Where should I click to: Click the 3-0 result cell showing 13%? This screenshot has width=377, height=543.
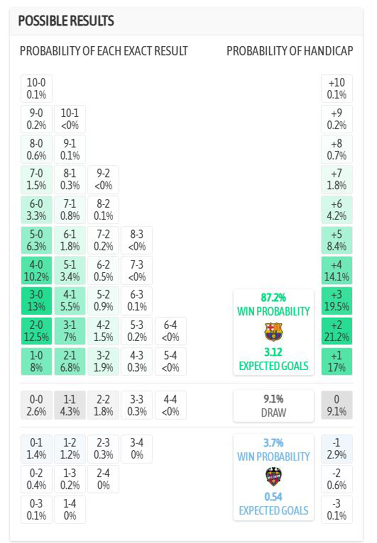click(36, 301)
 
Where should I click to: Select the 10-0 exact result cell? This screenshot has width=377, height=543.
click(36, 89)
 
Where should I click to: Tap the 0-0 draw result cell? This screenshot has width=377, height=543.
click(36, 405)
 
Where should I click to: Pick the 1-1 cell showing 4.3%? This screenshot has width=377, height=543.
click(70, 405)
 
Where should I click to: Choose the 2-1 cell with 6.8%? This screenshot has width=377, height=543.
click(70, 361)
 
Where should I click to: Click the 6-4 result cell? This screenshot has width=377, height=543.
click(170, 331)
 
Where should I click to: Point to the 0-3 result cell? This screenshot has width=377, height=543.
click(36, 509)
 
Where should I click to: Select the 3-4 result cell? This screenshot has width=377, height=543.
click(137, 448)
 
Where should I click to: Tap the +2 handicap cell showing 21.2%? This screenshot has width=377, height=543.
click(337, 331)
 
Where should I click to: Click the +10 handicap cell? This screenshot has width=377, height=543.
click(337, 89)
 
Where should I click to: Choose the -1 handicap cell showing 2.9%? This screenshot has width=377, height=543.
click(337, 448)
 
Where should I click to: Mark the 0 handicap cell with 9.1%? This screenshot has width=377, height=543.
click(337, 405)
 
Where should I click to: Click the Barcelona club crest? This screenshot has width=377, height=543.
click(274, 332)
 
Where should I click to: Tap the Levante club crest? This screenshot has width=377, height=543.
click(274, 476)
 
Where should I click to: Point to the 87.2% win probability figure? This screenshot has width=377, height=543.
click(274, 298)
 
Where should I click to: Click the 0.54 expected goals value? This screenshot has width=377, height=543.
click(274, 497)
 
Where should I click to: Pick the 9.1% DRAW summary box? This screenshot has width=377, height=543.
click(274, 405)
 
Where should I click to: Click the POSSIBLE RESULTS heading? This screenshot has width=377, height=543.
click(66, 21)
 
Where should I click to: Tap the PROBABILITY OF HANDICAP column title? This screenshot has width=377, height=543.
click(290, 51)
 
